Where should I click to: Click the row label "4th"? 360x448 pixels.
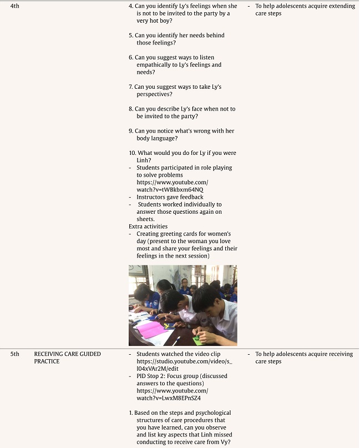point(14,6)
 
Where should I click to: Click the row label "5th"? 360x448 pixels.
point(14,354)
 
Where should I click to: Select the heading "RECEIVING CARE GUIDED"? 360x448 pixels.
point(67,354)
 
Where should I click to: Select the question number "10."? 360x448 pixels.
point(132,153)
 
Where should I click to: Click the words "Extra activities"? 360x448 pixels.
point(148,226)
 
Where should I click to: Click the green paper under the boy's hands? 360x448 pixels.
point(197,340)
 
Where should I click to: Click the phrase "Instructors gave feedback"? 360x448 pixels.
point(170,197)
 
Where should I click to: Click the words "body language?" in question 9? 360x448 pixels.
point(157,138)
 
